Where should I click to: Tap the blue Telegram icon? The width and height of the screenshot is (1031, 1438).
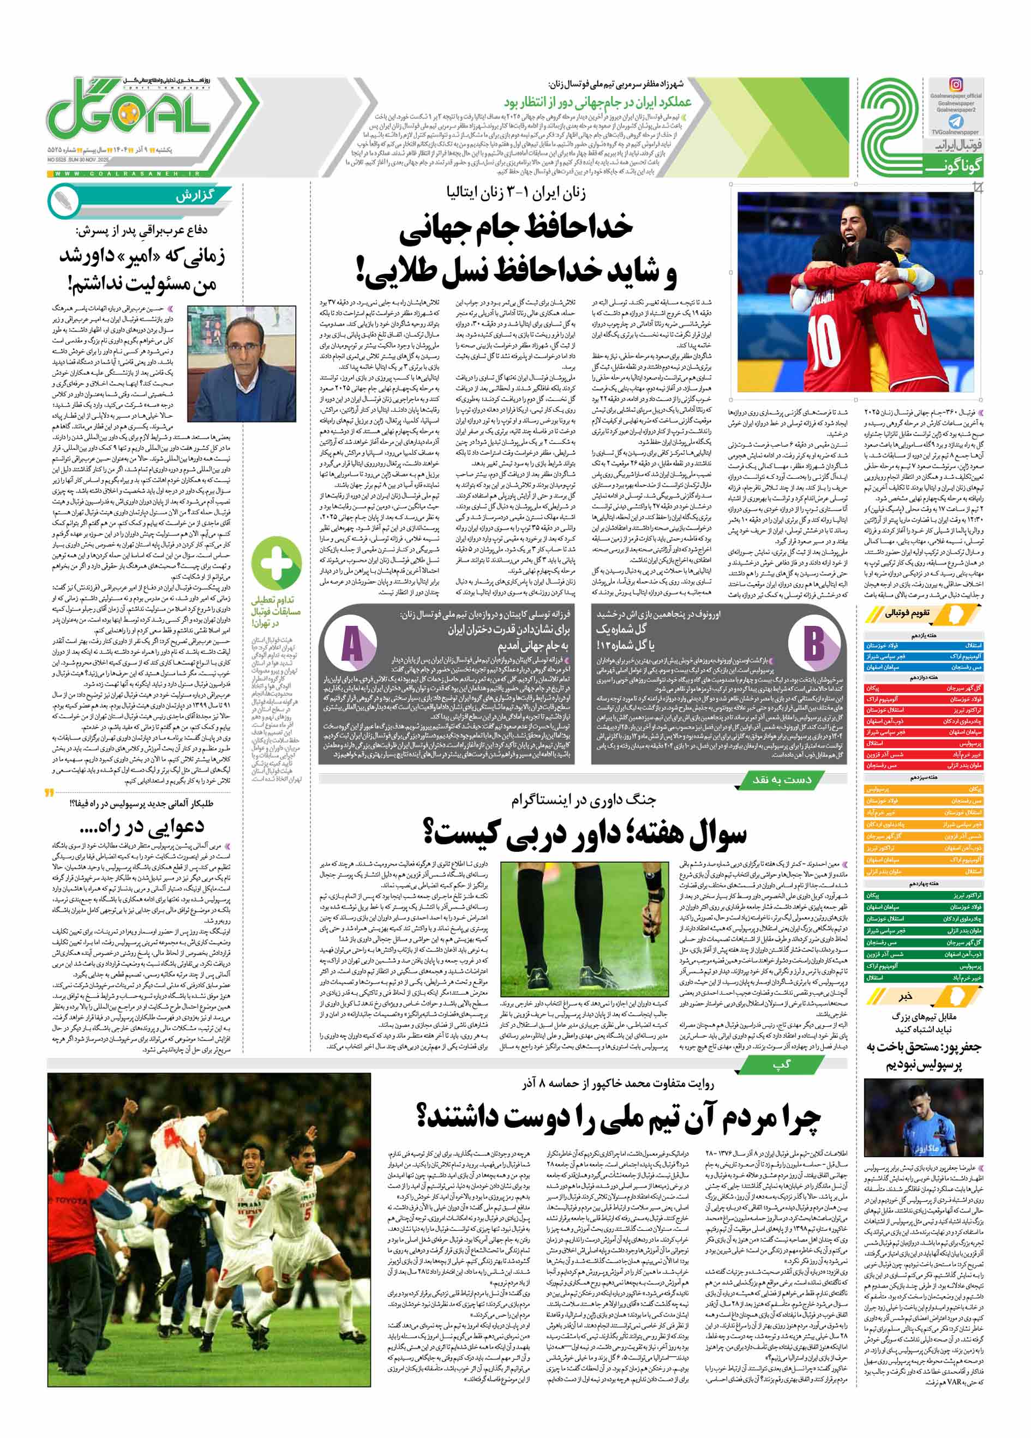(x=956, y=121)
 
